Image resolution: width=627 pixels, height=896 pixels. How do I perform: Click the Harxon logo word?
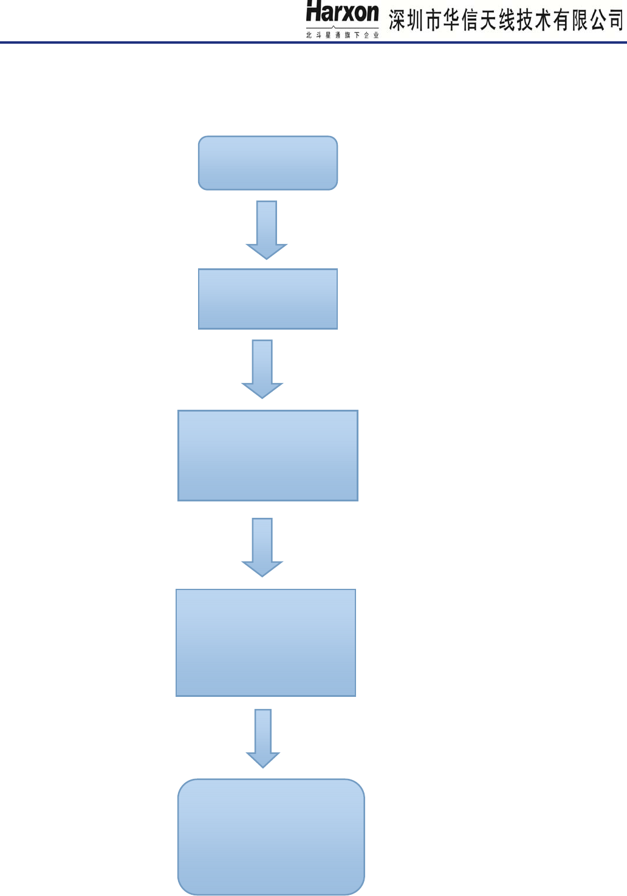click(342, 12)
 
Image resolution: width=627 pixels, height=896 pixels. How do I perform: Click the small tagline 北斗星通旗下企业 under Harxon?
click(342, 35)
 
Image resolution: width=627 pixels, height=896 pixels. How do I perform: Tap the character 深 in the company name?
click(398, 21)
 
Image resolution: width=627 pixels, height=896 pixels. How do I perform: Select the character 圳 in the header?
click(416, 21)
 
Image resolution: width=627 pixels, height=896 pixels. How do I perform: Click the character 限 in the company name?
click(580, 21)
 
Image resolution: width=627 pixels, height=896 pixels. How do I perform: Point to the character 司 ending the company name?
click(616, 21)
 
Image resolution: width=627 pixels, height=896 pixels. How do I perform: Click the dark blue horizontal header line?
click(182, 42)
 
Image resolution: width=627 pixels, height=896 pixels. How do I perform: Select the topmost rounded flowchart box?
click(268, 163)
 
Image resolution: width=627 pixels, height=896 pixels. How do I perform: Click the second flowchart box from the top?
click(268, 299)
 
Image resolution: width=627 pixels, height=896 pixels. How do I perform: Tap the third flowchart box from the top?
click(268, 455)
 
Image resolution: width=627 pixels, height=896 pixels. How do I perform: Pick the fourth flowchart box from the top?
click(266, 642)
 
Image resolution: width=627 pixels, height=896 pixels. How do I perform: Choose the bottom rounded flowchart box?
click(271, 837)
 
